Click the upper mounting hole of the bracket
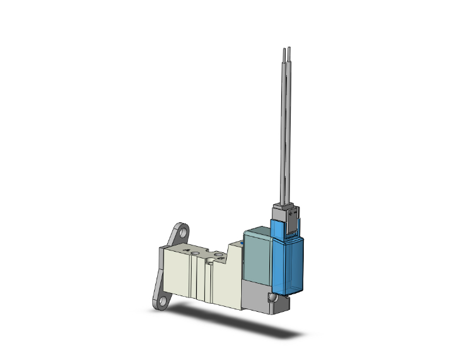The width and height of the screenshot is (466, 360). (181, 230)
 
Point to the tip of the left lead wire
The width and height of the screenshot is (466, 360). (284, 49)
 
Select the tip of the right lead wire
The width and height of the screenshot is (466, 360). (290, 48)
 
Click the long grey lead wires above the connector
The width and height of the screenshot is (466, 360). (286, 125)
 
